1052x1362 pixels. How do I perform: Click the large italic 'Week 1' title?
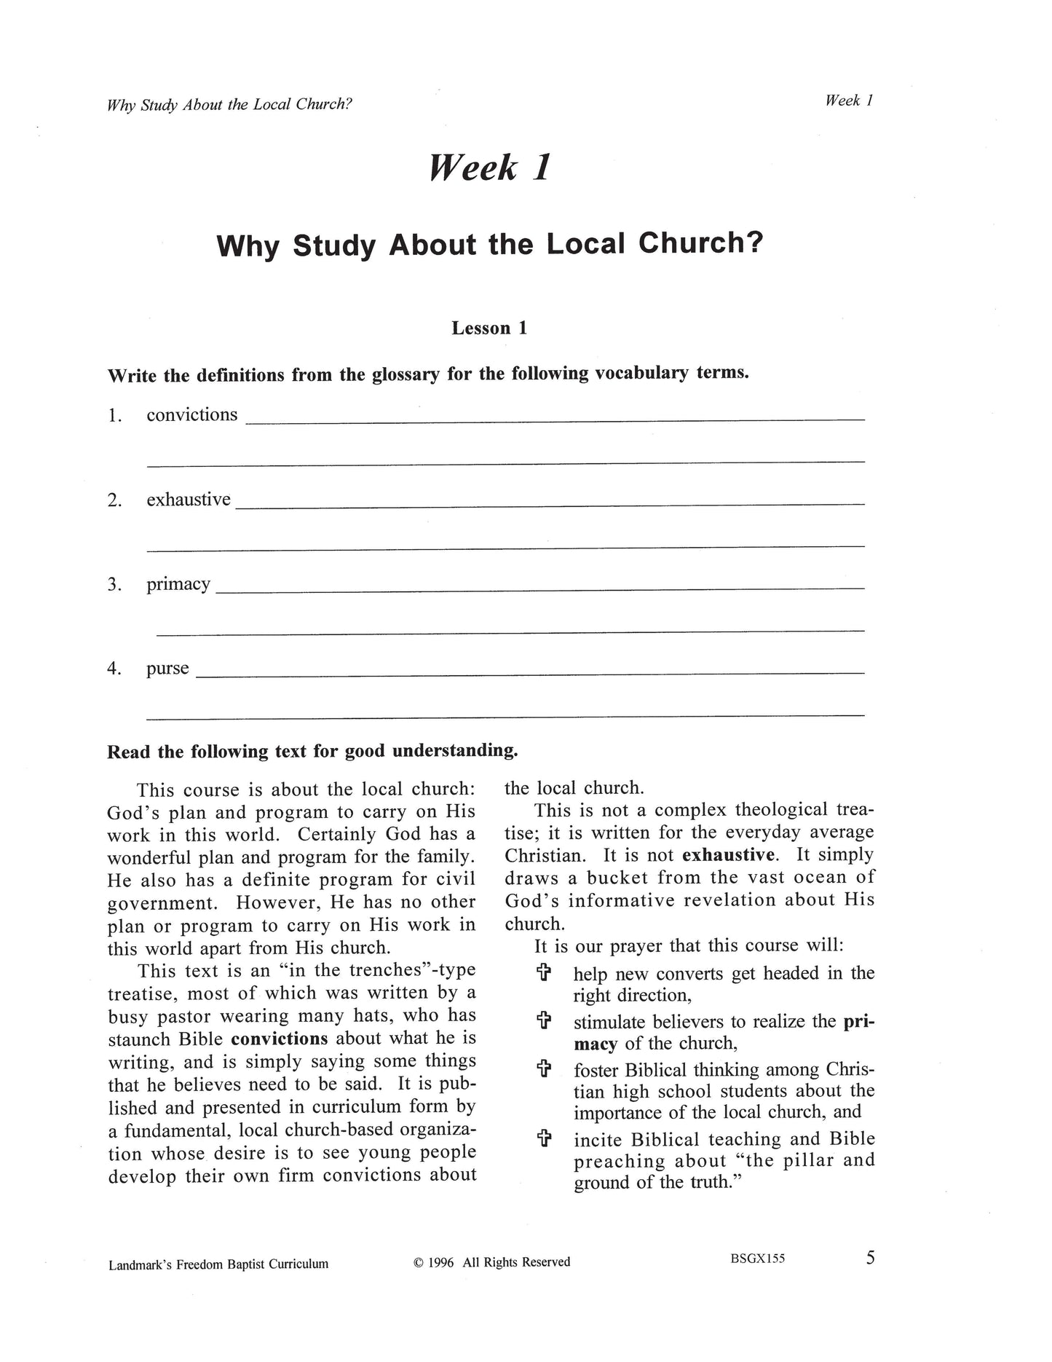tap(489, 168)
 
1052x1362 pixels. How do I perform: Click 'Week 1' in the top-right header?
tap(848, 101)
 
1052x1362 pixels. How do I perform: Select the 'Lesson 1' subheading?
tap(489, 328)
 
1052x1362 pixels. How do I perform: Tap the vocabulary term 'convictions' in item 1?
tap(192, 414)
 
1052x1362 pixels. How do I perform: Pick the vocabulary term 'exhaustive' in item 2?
tap(189, 500)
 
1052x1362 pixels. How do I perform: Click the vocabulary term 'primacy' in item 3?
tap(178, 584)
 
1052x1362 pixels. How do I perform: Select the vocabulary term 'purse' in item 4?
tap(167, 669)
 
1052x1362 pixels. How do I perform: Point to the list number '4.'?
tap(114, 669)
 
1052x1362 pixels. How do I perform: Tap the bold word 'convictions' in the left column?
tap(280, 1038)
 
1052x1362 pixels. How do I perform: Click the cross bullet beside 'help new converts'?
tap(543, 973)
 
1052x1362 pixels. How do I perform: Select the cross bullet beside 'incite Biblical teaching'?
tap(543, 1139)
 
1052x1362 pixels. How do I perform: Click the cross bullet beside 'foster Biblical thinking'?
tap(543, 1070)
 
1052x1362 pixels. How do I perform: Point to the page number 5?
tap(870, 1258)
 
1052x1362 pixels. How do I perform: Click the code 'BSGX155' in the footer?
tap(757, 1259)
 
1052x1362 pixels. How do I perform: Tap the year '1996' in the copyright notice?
tap(442, 1262)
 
